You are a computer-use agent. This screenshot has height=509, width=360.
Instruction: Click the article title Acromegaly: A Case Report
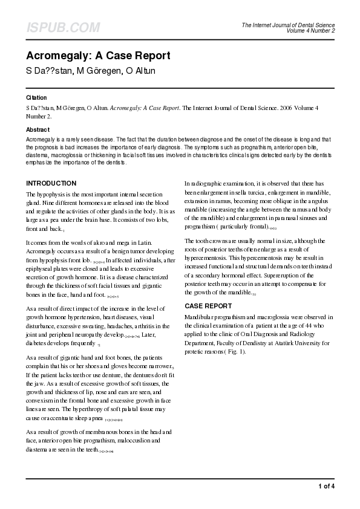[x=97, y=56]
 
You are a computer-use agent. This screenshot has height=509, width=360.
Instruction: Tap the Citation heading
[x=36, y=97]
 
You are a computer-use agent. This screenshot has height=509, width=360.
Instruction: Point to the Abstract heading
[x=38, y=130]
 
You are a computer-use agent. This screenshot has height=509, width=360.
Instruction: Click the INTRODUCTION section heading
[x=59, y=183]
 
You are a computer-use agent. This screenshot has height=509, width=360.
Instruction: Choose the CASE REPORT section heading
[x=208, y=306]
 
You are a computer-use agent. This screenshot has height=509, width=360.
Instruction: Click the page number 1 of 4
[x=326, y=486]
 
